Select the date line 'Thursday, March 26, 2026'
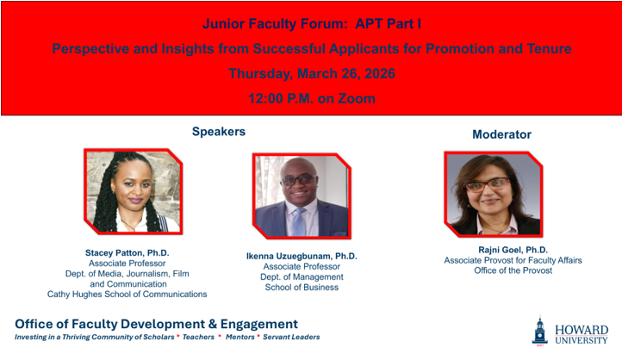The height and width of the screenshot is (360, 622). pos(311,73)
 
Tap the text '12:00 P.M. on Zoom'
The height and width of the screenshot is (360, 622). pos(311,98)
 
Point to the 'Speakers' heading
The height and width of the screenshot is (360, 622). pos(218,132)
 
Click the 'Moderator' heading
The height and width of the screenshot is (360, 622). pos(501,134)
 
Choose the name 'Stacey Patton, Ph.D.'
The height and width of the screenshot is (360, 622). pos(128,252)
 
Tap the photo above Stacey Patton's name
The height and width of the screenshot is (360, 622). pos(133,191)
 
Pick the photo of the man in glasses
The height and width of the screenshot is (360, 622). pos(302,196)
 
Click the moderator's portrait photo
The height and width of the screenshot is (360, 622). pos(493,193)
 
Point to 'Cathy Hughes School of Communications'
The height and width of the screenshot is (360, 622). pos(128,294)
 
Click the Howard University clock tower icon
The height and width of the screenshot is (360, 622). pos(539,332)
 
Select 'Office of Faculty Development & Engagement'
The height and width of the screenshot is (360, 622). pos(156,324)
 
